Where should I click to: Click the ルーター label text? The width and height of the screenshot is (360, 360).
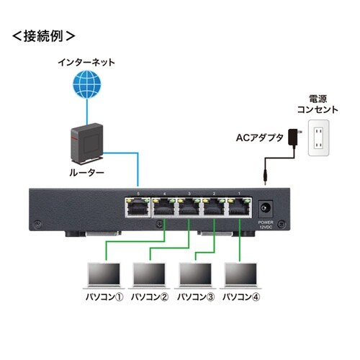(x=86, y=174)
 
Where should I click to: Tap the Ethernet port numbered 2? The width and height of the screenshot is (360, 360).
(x=212, y=207)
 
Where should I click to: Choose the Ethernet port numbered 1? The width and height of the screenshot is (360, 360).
(x=237, y=207)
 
